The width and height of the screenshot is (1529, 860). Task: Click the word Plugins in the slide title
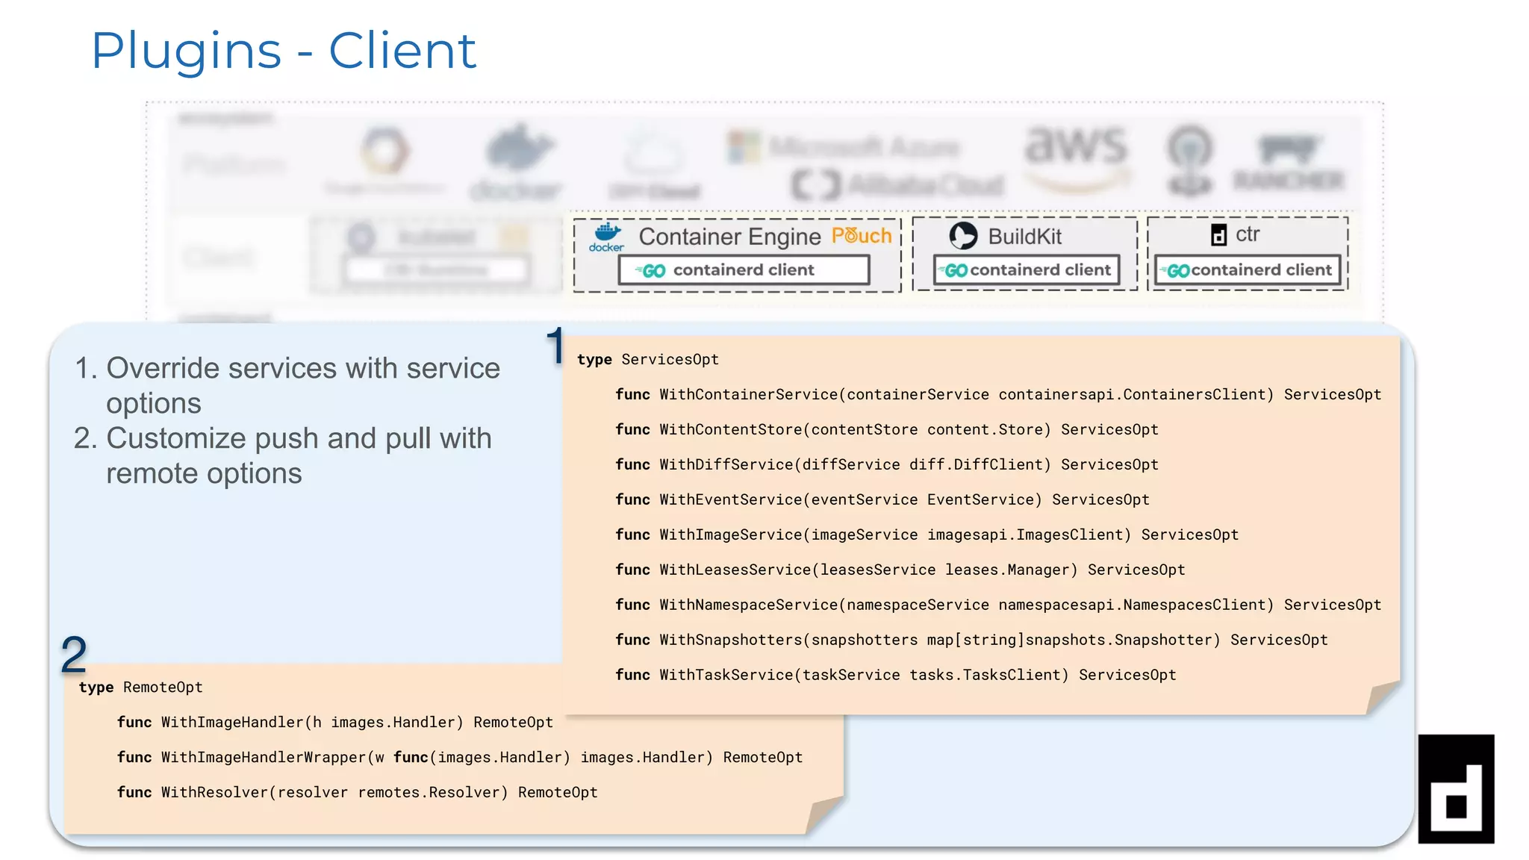coord(186,52)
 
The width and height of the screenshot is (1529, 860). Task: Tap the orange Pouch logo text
coord(862,236)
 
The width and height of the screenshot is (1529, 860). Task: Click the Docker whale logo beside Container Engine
coord(607,236)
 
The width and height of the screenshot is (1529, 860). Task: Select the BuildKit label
coord(1024,237)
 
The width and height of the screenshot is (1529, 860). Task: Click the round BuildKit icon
coord(963,236)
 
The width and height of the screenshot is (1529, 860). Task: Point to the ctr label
coord(1248,234)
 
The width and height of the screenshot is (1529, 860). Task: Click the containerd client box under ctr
coord(1248,270)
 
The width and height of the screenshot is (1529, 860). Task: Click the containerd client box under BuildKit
coord(1027,270)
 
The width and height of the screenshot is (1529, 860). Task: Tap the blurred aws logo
coord(1075,149)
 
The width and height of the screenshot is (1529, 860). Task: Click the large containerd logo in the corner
coord(1456,789)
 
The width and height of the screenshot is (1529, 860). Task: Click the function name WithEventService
coord(730,500)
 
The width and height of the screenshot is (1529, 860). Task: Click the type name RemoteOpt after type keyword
coord(163,688)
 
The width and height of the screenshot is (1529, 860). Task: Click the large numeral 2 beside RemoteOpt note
coord(74,655)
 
